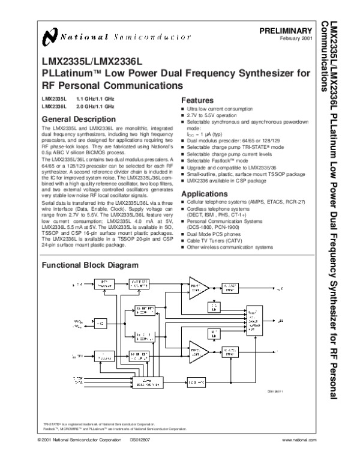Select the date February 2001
tap(297, 38)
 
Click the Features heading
tap(197, 100)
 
